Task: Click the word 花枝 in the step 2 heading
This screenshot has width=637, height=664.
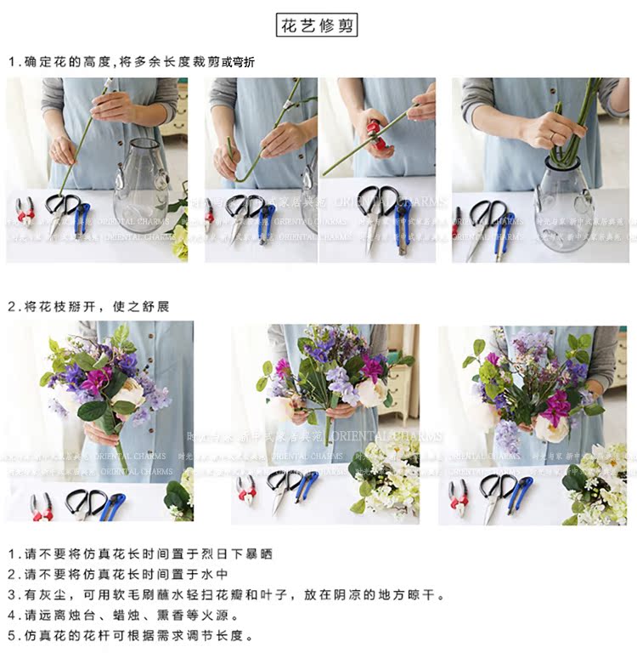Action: click(66, 306)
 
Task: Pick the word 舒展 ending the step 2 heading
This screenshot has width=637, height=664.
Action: click(156, 306)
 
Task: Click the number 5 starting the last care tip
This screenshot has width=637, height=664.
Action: click(11, 636)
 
